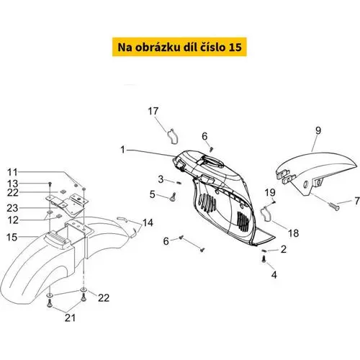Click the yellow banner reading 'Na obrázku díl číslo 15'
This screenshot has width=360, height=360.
tap(179, 47)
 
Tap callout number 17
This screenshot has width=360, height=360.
tap(153, 111)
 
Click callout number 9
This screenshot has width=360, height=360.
tap(318, 130)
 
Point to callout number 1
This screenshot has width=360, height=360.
tap(122, 150)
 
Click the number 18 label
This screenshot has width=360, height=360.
tap(293, 233)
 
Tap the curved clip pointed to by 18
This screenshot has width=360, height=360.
tap(265, 214)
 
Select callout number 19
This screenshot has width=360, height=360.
tap(270, 192)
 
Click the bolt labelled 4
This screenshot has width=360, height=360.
tap(264, 259)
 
